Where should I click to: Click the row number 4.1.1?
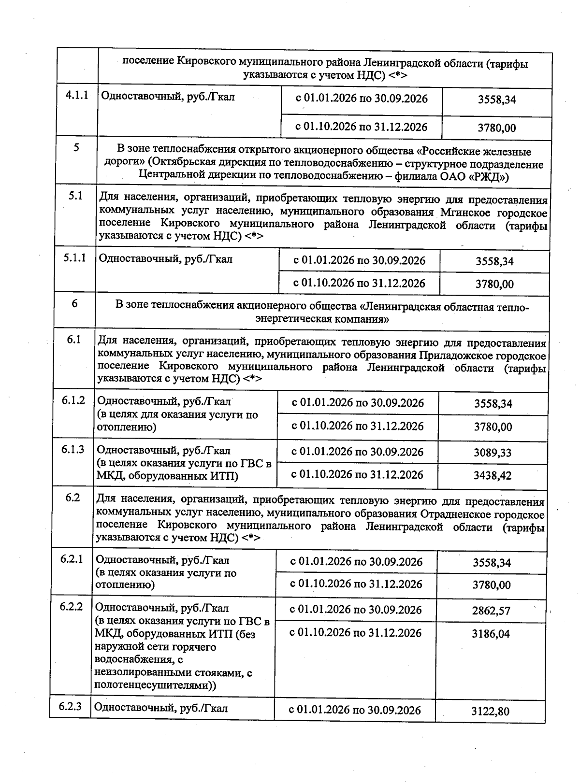point(77,95)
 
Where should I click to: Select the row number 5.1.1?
point(75,258)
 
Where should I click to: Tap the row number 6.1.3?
point(73,450)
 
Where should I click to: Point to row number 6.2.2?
point(72,607)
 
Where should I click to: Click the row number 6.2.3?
point(71,707)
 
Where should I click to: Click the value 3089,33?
point(493,453)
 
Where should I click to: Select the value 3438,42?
point(493,476)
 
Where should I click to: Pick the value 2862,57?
point(491,611)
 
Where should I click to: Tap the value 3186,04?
point(491,634)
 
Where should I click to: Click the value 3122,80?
point(490,712)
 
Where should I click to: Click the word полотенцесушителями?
point(155,685)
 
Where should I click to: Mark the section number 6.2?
point(72,498)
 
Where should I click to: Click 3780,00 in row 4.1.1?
point(496,128)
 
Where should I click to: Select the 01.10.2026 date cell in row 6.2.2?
point(355,633)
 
